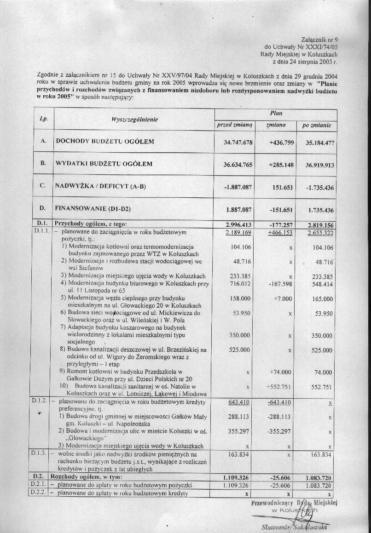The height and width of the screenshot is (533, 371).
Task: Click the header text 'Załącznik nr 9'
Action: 319,40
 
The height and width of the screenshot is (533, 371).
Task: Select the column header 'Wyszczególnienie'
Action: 135,119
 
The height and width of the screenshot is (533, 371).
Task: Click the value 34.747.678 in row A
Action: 238,143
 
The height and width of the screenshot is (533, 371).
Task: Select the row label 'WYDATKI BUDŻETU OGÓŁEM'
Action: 104,163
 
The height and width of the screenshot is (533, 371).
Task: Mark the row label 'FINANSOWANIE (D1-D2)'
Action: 93,209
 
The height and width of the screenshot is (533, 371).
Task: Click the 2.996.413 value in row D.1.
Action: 238,225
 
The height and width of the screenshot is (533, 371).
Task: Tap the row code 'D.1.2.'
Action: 40,401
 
